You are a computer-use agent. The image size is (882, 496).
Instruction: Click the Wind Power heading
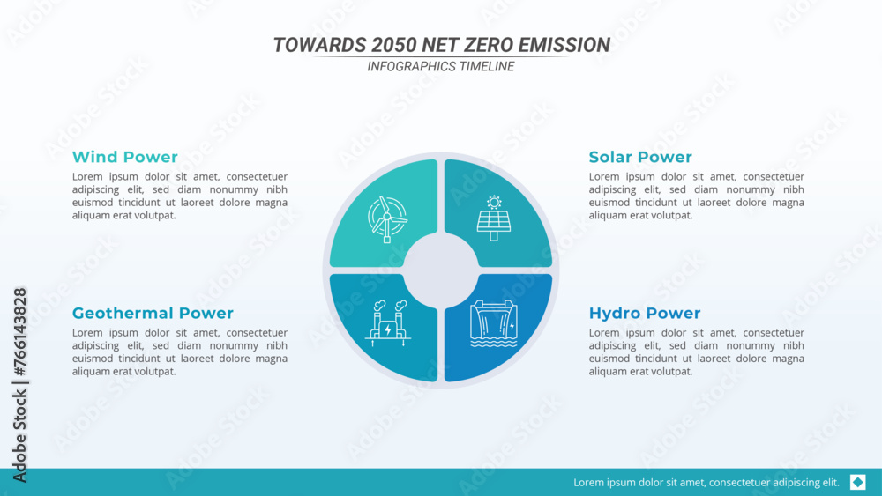point(125,157)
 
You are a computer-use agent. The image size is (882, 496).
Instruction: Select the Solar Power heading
point(640,157)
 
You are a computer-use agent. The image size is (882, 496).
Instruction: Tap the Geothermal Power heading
point(153,313)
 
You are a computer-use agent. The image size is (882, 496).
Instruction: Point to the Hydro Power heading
point(645,313)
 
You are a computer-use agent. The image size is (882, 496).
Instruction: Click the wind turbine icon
point(387,219)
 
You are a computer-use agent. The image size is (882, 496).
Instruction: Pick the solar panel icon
point(494,218)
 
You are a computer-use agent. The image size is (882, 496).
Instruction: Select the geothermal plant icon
point(388,323)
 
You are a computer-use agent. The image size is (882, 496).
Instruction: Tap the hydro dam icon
point(493,323)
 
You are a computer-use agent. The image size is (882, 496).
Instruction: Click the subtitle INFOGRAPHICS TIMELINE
point(440,66)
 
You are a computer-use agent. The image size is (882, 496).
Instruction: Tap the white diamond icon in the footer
point(858,482)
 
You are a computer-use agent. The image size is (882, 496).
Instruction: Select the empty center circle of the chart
point(441,270)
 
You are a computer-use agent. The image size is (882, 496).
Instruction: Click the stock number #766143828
point(19,332)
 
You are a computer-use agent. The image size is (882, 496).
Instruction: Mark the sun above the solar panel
point(494,203)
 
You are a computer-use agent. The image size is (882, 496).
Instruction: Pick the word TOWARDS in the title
point(319,45)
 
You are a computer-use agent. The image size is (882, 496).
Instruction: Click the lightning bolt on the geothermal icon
point(388,329)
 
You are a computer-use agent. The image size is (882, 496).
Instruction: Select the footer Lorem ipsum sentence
point(706,483)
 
